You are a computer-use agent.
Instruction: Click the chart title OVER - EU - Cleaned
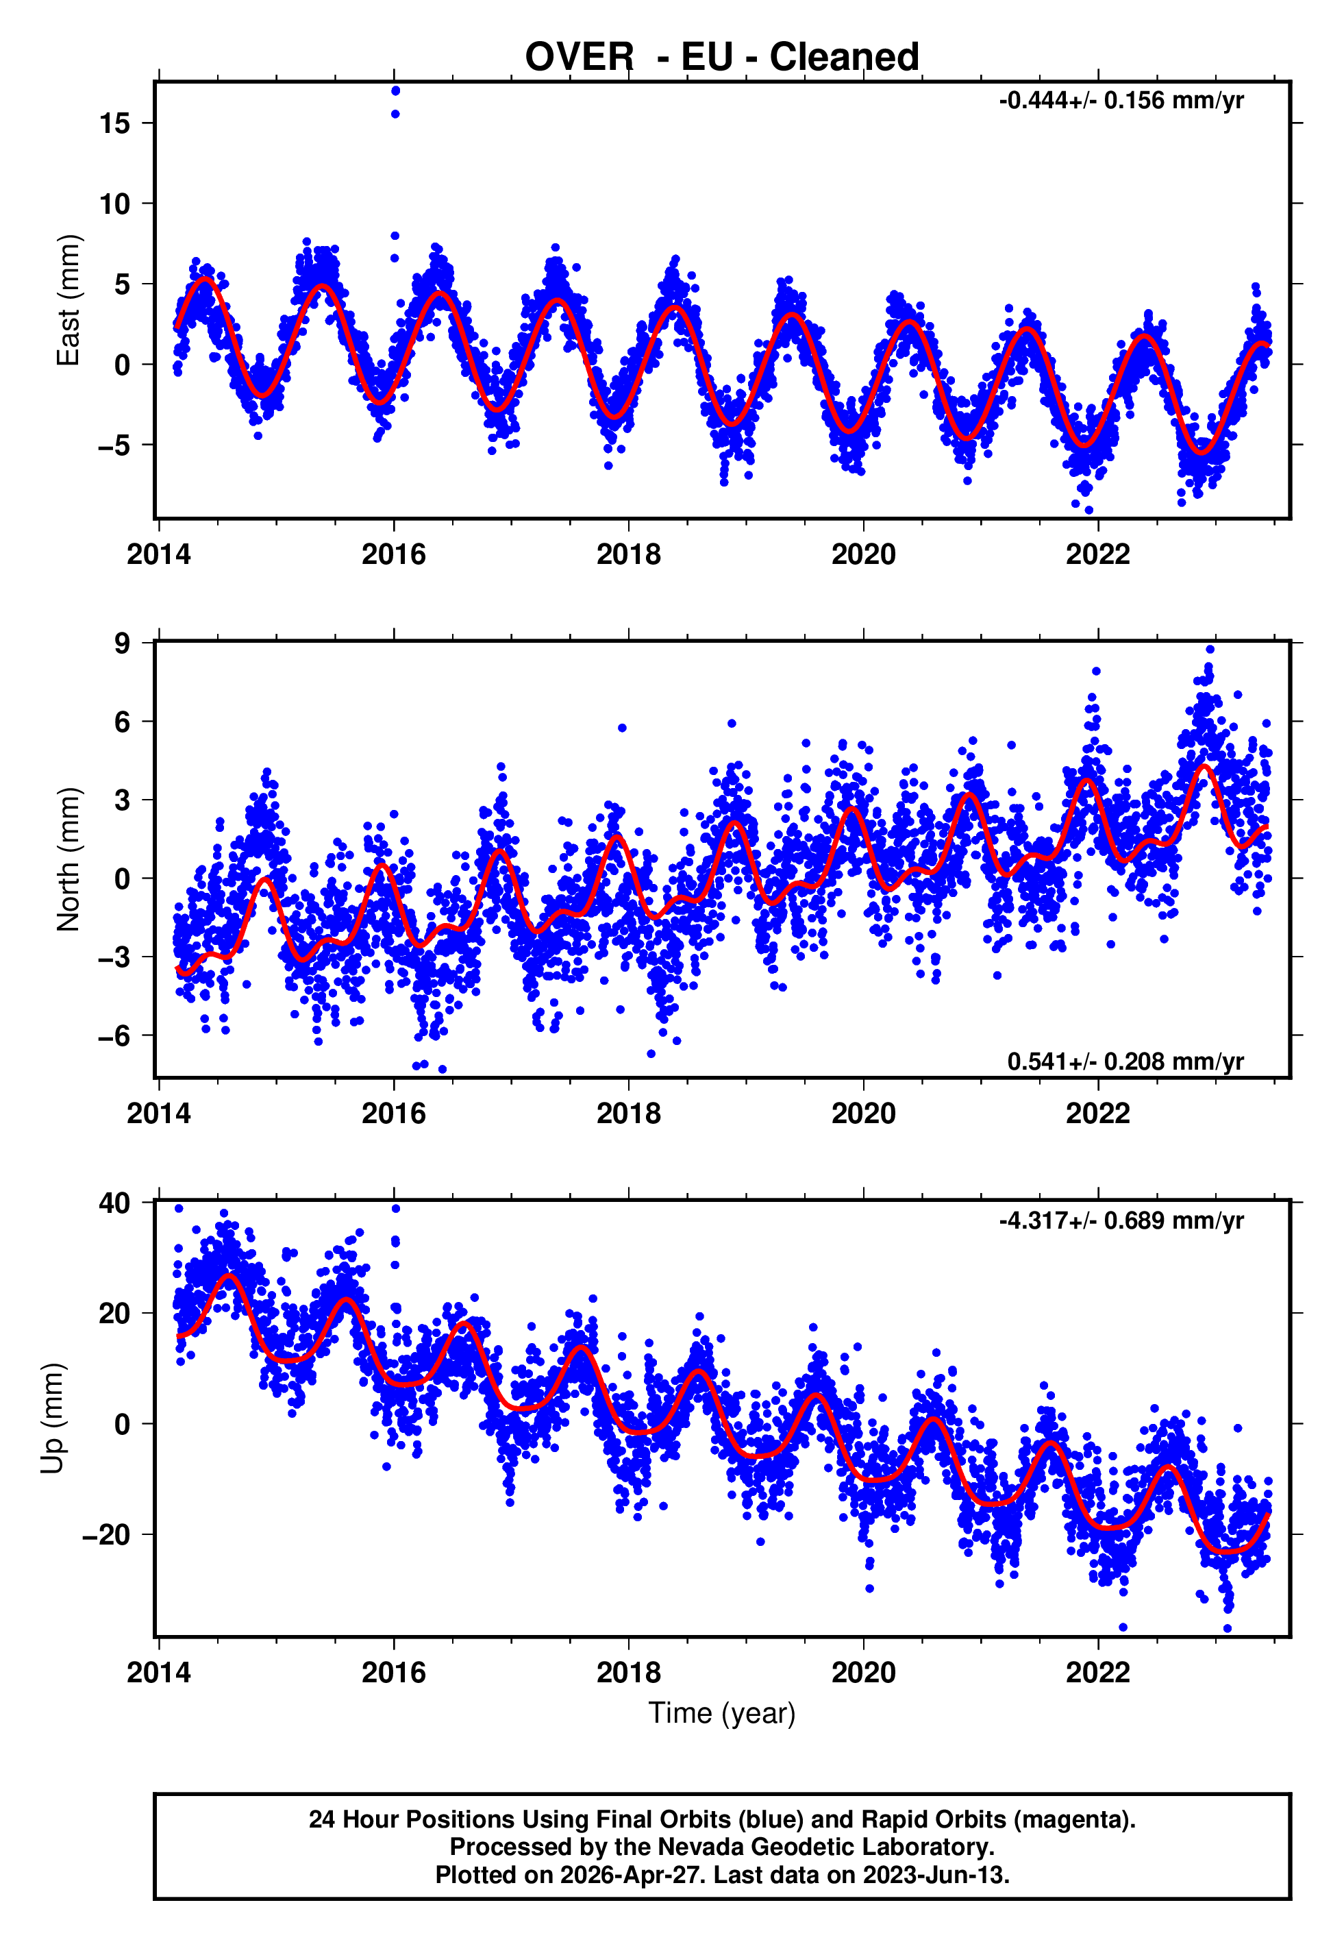click(722, 58)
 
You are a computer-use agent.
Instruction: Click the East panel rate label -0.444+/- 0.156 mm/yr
click(1121, 101)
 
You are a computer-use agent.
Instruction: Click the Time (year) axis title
click(722, 1713)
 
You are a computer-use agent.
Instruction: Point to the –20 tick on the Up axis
click(106, 1534)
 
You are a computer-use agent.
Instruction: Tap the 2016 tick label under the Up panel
click(393, 1673)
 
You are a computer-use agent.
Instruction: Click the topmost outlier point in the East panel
click(395, 91)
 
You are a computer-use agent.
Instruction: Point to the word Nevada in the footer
click(698, 1847)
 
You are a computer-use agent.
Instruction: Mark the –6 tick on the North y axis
click(114, 1036)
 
